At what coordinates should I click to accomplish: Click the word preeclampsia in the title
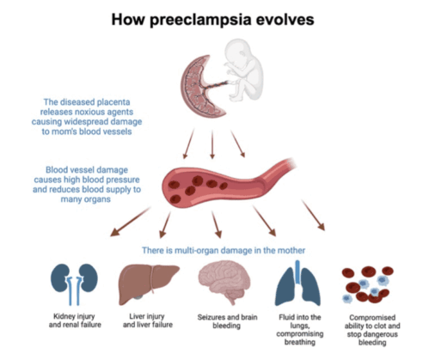[200, 21]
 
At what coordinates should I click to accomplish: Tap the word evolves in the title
[285, 20]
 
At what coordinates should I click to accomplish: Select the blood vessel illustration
[226, 183]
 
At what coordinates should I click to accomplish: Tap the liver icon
[148, 284]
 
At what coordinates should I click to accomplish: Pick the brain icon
[224, 282]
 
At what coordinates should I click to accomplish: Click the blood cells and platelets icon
[368, 284]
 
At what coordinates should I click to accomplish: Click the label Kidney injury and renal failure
[75, 320]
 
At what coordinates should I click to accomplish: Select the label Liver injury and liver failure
[148, 320]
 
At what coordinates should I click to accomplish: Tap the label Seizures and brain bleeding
[227, 321]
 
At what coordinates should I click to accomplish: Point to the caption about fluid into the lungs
[300, 330]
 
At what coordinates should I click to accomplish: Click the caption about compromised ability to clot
[372, 330]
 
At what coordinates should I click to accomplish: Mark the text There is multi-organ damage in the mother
[224, 250]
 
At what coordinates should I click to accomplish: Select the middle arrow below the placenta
[212, 144]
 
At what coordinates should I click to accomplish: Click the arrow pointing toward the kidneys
[131, 222]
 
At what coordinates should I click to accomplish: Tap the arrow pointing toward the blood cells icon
[313, 215]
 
